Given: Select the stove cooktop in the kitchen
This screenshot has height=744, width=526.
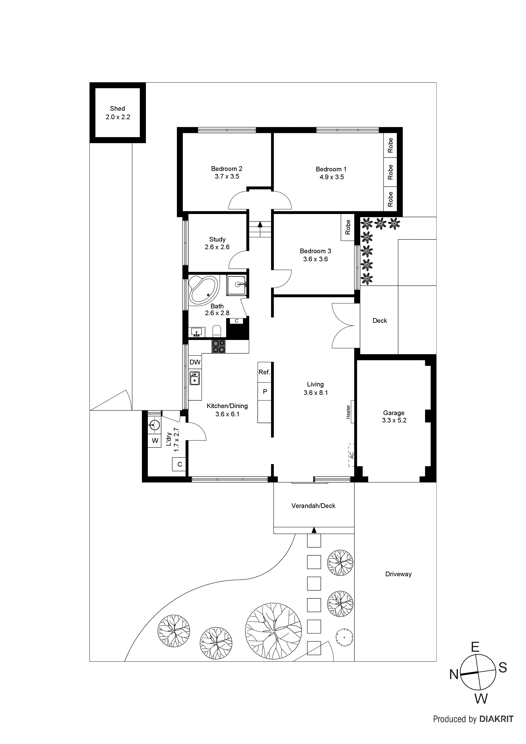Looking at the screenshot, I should point(219,346).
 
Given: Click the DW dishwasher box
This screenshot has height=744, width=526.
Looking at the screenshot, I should point(195,362).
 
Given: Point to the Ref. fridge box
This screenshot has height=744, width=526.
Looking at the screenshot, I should point(264,372).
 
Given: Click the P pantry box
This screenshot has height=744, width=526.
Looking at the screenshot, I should point(264,392).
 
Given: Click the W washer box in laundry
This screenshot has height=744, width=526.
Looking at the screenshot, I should point(155,441).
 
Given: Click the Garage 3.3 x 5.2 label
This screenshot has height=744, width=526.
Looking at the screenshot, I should point(394,416).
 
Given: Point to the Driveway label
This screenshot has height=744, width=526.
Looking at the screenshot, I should point(398,574).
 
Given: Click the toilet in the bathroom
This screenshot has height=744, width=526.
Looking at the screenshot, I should point(217,331).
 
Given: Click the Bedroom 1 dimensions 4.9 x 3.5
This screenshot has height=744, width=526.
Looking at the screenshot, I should point(332,177).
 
